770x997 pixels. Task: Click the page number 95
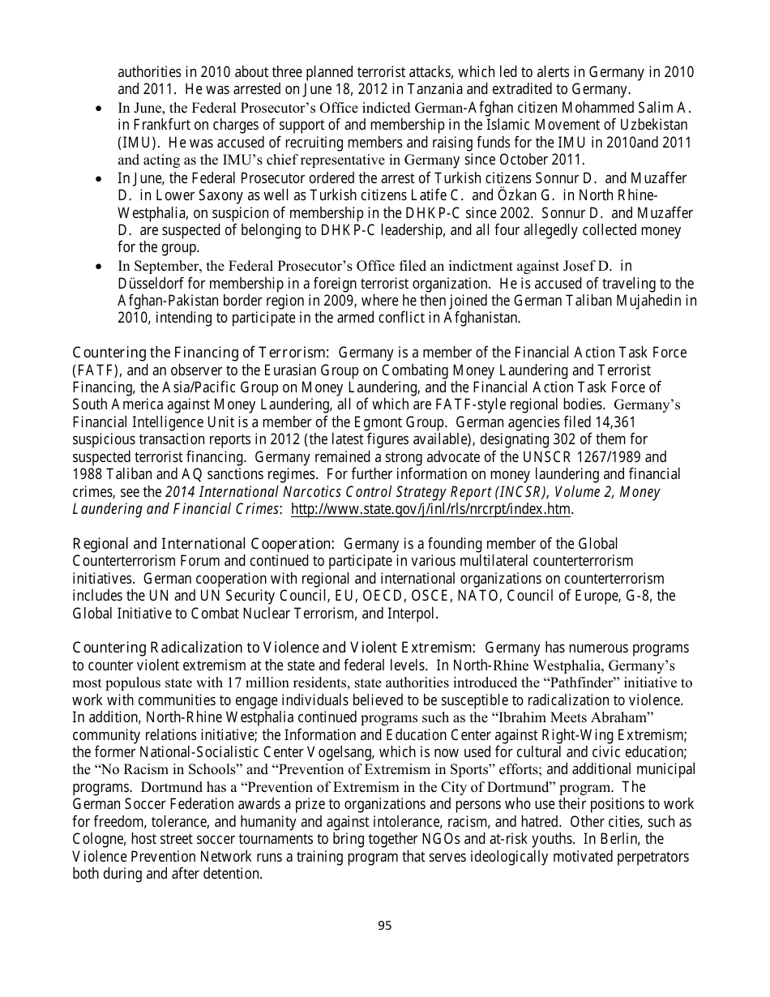[384, 926]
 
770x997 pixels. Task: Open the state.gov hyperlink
[430, 509]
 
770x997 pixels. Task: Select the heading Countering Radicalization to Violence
[274, 648]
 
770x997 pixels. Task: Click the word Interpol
[413, 614]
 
